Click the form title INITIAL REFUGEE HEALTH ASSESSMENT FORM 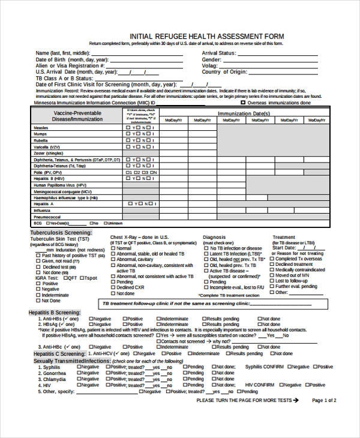206,37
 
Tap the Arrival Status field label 218,53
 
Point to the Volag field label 209,66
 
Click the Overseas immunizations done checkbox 244,103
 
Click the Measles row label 41,128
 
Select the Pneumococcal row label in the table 47,217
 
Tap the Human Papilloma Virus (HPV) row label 60,185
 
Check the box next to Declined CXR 113,287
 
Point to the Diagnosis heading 214,237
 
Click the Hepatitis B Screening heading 55,313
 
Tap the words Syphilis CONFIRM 265,367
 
